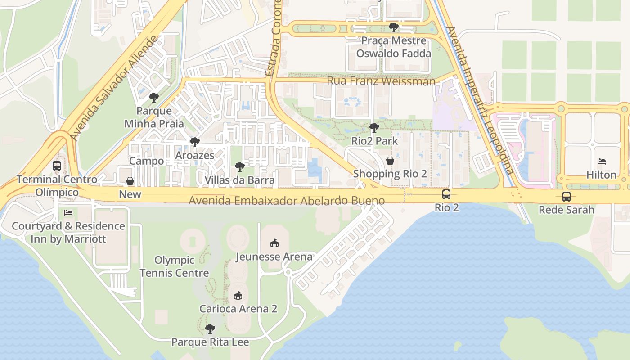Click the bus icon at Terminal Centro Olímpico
pyautogui.click(x=57, y=166)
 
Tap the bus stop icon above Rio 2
pyautogui.click(x=446, y=194)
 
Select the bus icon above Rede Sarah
pyautogui.click(x=566, y=197)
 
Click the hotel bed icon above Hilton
pyautogui.click(x=602, y=162)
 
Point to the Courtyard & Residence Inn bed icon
pyautogui.click(x=68, y=212)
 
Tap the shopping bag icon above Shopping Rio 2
pyautogui.click(x=390, y=161)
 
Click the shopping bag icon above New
pyautogui.click(x=130, y=181)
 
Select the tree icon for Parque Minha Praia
pyautogui.click(x=154, y=98)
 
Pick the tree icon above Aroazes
pyautogui.click(x=194, y=142)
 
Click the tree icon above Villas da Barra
pyautogui.click(x=240, y=167)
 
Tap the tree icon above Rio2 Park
pyautogui.click(x=374, y=128)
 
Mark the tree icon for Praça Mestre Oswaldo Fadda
pyautogui.click(x=394, y=27)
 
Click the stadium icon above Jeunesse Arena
pyautogui.click(x=274, y=243)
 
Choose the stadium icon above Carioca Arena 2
pyautogui.click(x=238, y=296)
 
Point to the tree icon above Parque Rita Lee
pyautogui.click(x=210, y=329)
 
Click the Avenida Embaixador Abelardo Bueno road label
pyautogui.click(x=287, y=201)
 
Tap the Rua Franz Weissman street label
pyautogui.click(x=381, y=81)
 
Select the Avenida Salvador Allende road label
pyautogui.click(x=115, y=88)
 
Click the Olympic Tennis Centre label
pyautogui.click(x=175, y=266)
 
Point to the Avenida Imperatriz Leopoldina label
pyautogui.click(x=481, y=101)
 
